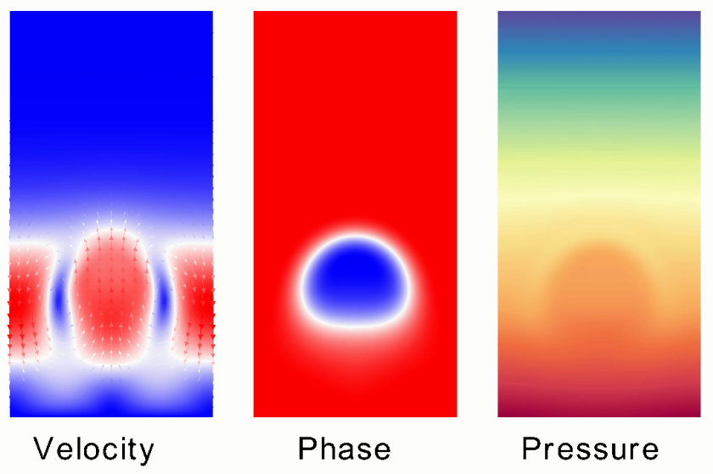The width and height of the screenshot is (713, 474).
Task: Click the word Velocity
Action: coord(93,450)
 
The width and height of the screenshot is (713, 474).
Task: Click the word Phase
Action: coord(345,449)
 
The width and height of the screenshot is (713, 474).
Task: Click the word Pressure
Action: coord(590,449)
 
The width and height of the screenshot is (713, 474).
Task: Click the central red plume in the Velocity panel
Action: coord(111,295)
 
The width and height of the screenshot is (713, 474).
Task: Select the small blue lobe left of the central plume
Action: coord(59,301)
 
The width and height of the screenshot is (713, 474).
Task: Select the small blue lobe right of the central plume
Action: coord(164,301)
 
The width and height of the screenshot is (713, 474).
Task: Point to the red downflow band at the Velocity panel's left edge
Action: coord(28,302)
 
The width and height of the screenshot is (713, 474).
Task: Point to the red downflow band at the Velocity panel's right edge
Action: coord(194,302)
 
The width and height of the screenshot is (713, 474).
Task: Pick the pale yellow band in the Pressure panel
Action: coord(599,191)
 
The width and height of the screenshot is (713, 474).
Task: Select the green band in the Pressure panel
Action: coord(599,96)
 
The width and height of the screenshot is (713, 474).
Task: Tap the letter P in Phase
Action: coord(307,449)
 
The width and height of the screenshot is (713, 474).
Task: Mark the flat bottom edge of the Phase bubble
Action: coord(355,326)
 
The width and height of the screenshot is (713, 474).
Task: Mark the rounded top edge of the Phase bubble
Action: coord(355,237)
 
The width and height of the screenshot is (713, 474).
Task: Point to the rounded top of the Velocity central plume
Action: coord(111,230)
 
